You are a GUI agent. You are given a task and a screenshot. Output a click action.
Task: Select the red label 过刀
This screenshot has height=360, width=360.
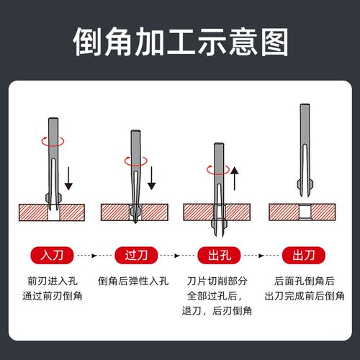(136, 255)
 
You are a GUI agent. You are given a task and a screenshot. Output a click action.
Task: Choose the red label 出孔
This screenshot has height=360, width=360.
(218, 255)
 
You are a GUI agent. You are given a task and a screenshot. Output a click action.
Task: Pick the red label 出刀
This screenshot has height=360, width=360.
(302, 255)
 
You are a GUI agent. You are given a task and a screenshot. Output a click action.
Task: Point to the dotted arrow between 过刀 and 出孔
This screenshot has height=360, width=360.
(177, 255)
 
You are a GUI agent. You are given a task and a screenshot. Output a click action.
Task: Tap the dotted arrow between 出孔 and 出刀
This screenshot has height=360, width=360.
(260, 255)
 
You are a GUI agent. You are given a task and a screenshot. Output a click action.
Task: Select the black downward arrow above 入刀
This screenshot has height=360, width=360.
(68, 174)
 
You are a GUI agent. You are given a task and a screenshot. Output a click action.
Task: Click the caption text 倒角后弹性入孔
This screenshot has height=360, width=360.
(136, 281)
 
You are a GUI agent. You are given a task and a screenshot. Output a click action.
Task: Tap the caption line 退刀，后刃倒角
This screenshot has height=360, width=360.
(218, 310)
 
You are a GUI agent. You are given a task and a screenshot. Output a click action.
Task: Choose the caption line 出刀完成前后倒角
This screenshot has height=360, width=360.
(302, 295)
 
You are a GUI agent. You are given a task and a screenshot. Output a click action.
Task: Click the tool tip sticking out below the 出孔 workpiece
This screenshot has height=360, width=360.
(218, 232)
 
